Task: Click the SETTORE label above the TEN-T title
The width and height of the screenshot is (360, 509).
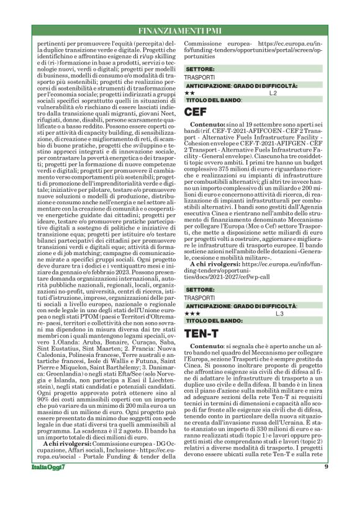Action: [x=200, y=290]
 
